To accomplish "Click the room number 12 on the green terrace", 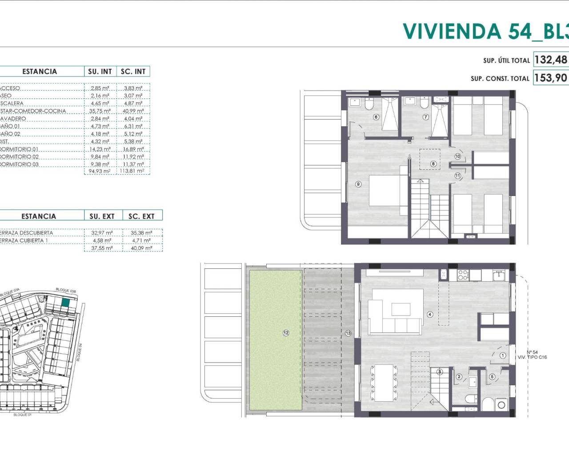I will click(x=286, y=333).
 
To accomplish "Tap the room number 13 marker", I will click(x=348, y=333).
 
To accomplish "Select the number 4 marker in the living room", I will click(x=429, y=314).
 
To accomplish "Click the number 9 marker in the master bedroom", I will click(x=358, y=184).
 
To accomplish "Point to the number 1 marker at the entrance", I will click(x=503, y=355).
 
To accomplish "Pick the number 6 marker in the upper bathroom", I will click(x=376, y=117).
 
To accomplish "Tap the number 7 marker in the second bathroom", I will click(x=425, y=117).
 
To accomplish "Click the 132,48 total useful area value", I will click(x=550, y=60).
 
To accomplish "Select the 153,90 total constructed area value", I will click(x=550, y=78).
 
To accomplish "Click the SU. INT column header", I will click(x=100, y=72).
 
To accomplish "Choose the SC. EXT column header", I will click(x=141, y=216).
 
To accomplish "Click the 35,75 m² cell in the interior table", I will click(x=100, y=111).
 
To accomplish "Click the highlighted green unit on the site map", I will click(x=65, y=303).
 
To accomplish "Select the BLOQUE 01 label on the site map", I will click(x=22, y=415).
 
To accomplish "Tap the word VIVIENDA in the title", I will click(x=445, y=31).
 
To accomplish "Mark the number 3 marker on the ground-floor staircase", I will click(x=440, y=371).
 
